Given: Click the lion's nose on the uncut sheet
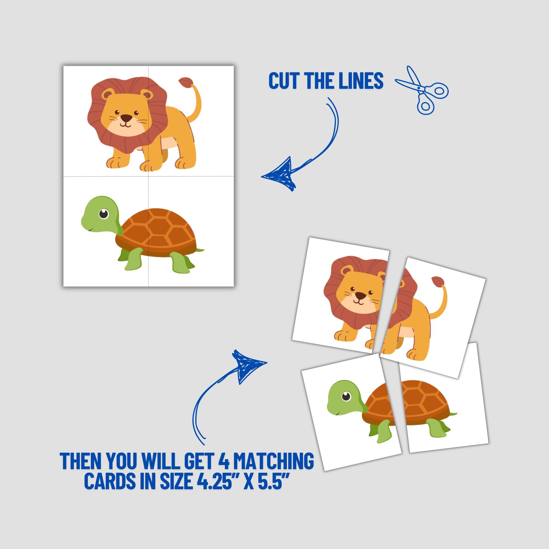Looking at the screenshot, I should point(126,118).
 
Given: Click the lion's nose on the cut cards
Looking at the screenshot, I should point(361,296).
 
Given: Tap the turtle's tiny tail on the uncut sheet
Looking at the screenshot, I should point(201,250).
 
